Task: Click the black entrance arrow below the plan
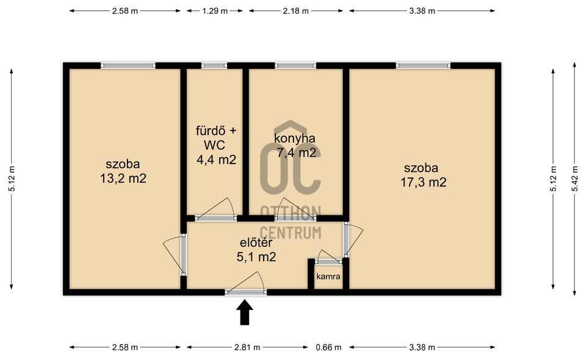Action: pyautogui.click(x=245, y=312)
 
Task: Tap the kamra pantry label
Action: pyautogui.click(x=328, y=276)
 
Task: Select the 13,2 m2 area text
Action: pyautogui.click(x=123, y=179)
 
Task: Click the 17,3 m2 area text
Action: pyautogui.click(x=423, y=182)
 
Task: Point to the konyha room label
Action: pyautogui.click(x=295, y=139)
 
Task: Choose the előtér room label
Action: pyautogui.click(x=256, y=243)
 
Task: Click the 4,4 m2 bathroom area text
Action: pyautogui.click(x=217, y=160)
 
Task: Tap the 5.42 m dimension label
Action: pyautogui.click(x=575, y=179)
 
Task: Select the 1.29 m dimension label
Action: pyautogui.click(x=215, y=11)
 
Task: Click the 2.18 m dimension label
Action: pyautogui.click(x=295, y=11)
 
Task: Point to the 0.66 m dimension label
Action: pyautogui.click(x=329, y=347)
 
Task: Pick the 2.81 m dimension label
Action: pyautogui.click(x=247, y=347)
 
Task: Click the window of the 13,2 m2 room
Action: pyautogui.click(x=128, y=65)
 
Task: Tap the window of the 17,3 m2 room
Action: pyautogui.click(x=423, y=65)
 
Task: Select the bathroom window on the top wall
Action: pyautogui.click(x=214, y=65)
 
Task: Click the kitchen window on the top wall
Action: pyautogui.click(x=295, y=65)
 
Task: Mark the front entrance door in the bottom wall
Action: pyautogui.click(x=246, y=292)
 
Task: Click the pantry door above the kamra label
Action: pyautogui.click(x=328, y=261)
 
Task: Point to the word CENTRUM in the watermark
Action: pyautogui.click(x=290, y=232)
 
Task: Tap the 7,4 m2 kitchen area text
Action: pyautogui.click(x=297, y=152)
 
